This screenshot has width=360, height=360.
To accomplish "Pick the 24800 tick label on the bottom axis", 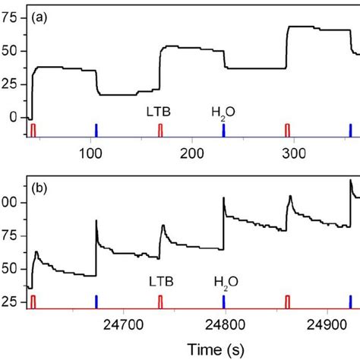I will tap(224, 324).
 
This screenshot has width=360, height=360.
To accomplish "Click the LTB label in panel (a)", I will tap(159, 112).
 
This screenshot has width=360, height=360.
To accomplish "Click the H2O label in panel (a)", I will tap(223, 113).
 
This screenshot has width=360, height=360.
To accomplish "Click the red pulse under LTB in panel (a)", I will tap(160, 131).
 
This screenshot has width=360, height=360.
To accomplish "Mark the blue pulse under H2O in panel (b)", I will tap(225, 301).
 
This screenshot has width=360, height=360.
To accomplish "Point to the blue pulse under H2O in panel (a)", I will tap(224, 131).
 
